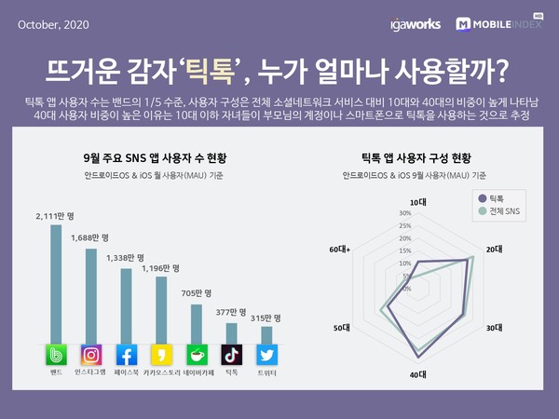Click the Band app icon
56,355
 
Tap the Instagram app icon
90,355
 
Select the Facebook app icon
126,355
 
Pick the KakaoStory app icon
161,355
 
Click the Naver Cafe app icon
197,355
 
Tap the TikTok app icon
232,355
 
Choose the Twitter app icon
266,355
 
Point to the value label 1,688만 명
90,237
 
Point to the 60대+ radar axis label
340,250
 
